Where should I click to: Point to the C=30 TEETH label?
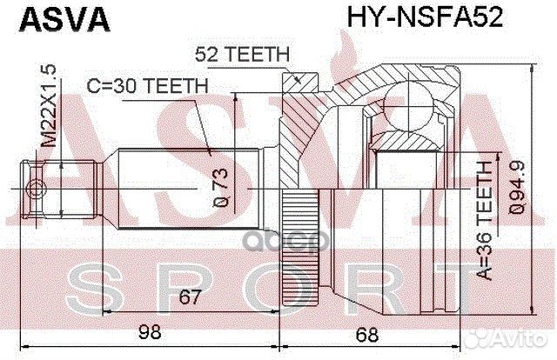coord(146,86)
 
